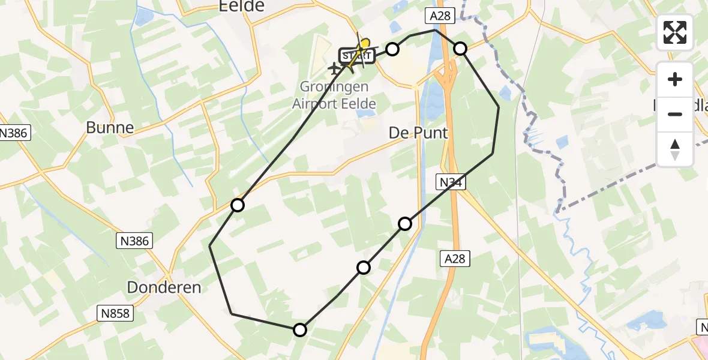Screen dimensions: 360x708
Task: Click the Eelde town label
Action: tap(242, 6)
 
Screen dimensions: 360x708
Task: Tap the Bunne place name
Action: tap(110, 127)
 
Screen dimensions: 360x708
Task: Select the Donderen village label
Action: tap(164, 287)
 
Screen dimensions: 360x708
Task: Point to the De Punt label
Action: tap(418, 133)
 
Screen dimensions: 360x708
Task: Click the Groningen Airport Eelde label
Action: tap(334, 95)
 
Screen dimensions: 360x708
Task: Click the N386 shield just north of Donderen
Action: tap(134, 241)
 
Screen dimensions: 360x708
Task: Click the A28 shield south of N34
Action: tap(454, 259)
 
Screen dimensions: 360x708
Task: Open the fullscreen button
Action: tap(675, 32)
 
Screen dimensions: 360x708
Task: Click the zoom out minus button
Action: tap(675, 114)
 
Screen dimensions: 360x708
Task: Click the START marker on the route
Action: tap(356, 56)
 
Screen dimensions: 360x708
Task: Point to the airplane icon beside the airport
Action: tap(334, 69)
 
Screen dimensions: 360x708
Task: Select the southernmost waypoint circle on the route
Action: tap(300, 329)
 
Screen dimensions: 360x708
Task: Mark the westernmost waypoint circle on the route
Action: tap(238, 205)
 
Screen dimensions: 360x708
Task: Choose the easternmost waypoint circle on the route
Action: tap(460, 49)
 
